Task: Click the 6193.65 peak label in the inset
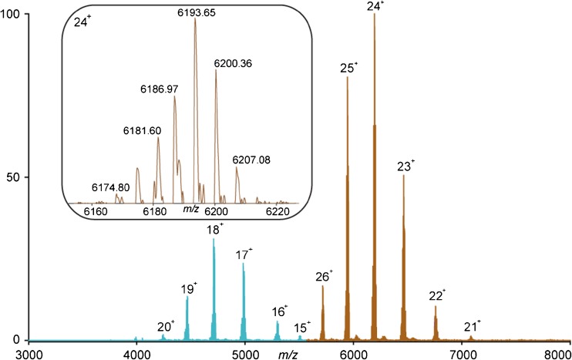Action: (x=195, y=12)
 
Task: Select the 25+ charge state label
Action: (x=348, y=68)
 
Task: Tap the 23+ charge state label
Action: (x=406, y=166)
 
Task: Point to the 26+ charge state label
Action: (x=325, y=276)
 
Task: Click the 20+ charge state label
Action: (x=165, y=326)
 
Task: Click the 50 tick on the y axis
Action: (x=14, y=177)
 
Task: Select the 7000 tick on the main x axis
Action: (x=462, y=353)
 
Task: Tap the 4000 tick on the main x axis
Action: (x=136, y=353)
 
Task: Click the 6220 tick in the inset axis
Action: (x=277, y=210)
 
